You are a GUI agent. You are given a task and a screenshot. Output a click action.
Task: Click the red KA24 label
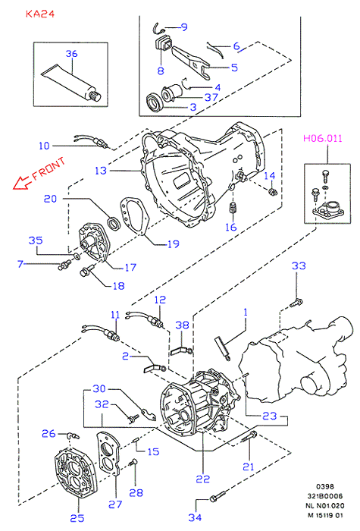(x=40, y=14)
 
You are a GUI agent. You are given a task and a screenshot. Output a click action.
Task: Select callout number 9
(x=184, y=27)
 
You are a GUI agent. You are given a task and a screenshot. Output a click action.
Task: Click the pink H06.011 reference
(x=322, y=138)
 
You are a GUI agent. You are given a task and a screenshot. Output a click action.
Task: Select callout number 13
(x=101, y=171)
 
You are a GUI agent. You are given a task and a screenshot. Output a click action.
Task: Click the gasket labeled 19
(x=135, y=217)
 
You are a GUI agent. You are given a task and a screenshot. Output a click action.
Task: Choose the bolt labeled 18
(x=87, y=270)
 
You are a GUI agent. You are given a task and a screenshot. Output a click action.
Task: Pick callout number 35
(x=36, y=240)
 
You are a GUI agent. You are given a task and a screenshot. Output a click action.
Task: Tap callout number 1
(x=246, y=312)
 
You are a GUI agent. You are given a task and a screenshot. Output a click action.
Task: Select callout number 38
(x=182, y=325)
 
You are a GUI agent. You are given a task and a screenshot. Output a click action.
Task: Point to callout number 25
(x=77, y=518)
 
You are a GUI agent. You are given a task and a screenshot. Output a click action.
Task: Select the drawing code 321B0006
(x=325, y=496)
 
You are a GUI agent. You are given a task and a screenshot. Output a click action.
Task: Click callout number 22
(x=202, y=479)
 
